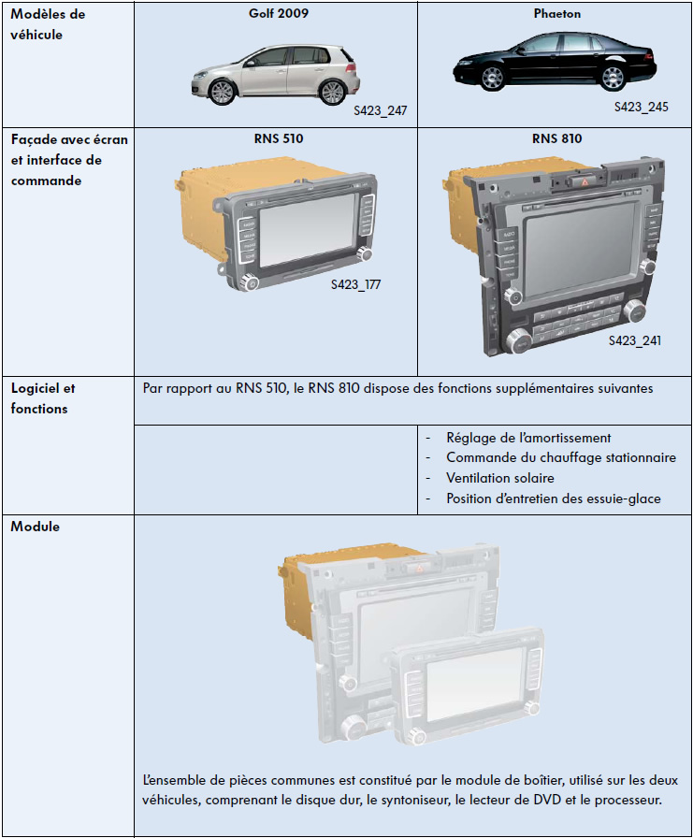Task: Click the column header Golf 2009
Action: click(276, 14)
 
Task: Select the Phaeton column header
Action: click(557, 14)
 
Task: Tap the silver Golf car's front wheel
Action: click(223, 91)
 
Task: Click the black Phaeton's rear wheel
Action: click(614, 77)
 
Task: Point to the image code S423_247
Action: click(380, 111)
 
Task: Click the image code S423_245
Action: click(641, 107)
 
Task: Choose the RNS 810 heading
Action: click(557, 138)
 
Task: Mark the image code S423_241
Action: click(634, 340)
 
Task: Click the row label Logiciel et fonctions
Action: click(43, 397)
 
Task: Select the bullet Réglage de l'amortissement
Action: click(528, 437)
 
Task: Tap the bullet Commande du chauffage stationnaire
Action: click(560, 457)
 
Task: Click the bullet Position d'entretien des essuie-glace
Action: click(553, 498)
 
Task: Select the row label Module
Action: click(36, 527)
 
